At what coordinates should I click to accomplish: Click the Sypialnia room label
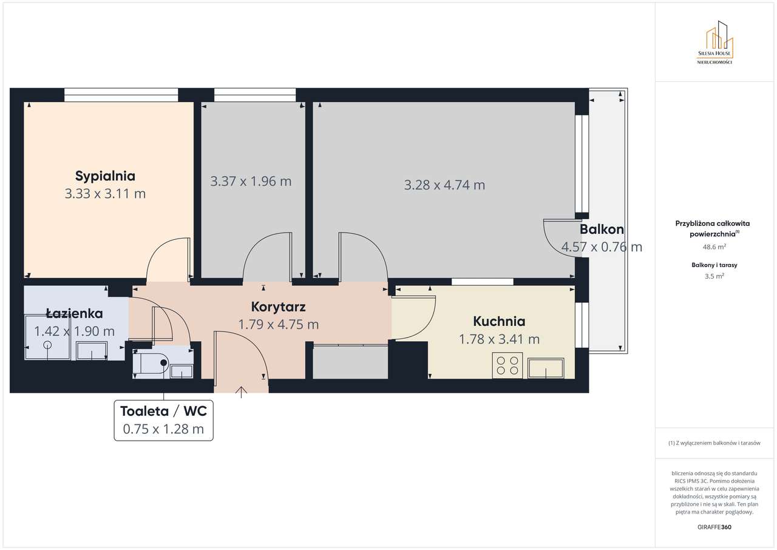click(x=105, y=176)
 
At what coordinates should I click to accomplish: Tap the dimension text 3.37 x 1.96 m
click(x=251, y=181)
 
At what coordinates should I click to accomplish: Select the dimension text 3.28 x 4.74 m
click(x=444, y=185)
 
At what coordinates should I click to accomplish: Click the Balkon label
click(x=602, y=229)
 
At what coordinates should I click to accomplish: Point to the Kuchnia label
click(x=499, y=321)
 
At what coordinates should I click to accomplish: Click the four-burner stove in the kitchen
click(x=507, y=365)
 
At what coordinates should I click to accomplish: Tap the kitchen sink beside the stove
click(x=546, y=368)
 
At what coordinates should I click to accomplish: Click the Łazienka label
click(x=75, y=314)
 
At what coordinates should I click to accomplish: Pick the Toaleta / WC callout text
click(x=163, y=411)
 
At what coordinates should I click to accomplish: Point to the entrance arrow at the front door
click(x=242, y=392)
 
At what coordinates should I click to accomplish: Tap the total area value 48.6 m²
click(x=714, y=247)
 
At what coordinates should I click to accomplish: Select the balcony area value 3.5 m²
click(x=714, y=276)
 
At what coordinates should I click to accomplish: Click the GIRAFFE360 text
click(x=714, y=526)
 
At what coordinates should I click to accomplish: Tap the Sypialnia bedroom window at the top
click(x=121, y=94)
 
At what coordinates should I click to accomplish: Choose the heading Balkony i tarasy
click(x=714, y=265)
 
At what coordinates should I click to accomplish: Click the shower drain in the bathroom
click(x=47, y=345)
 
